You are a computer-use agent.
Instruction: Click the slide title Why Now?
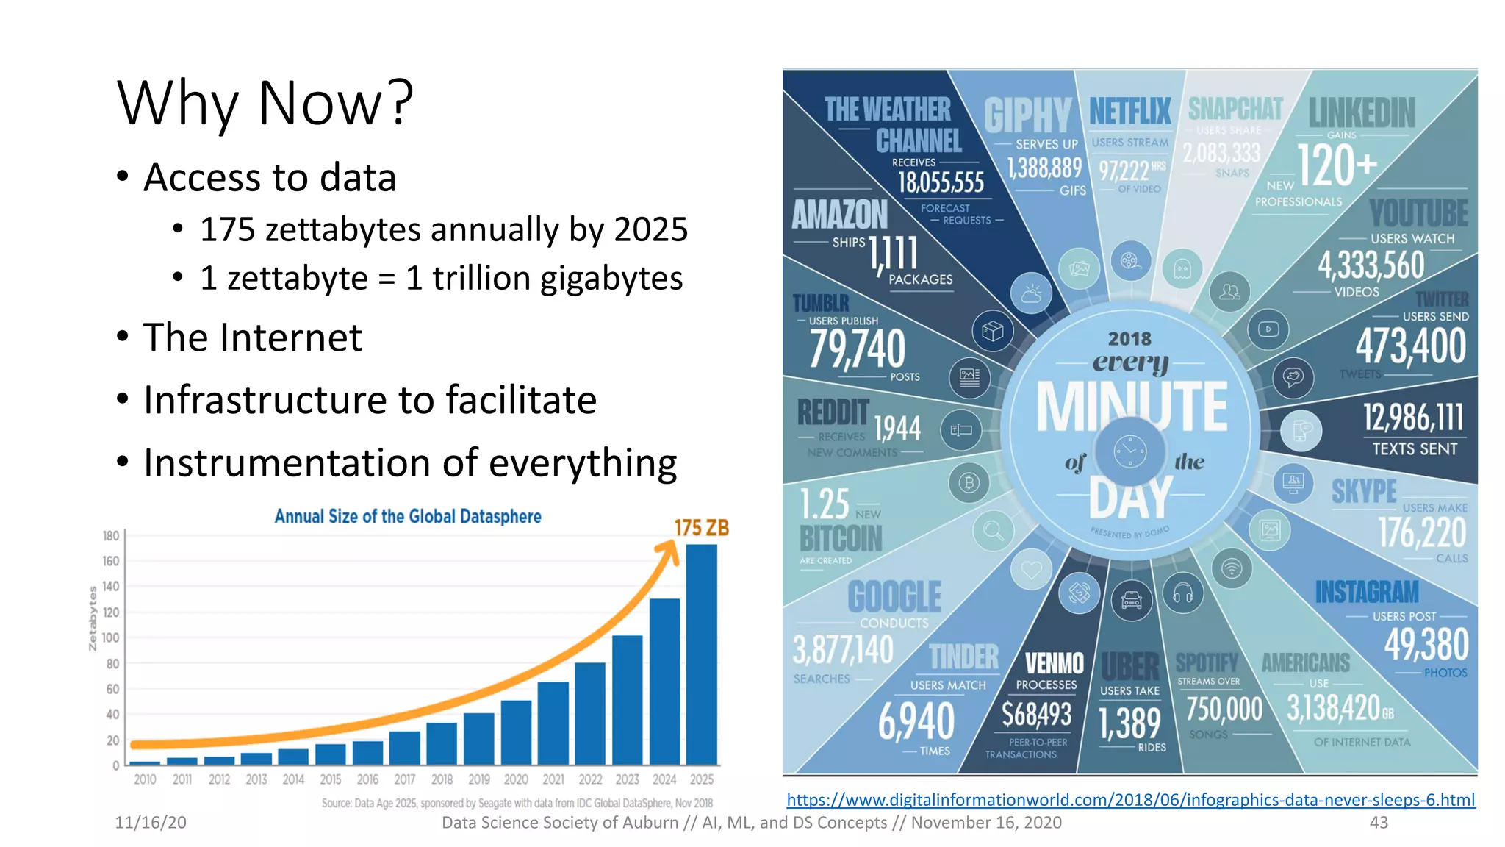(x=265, y=104)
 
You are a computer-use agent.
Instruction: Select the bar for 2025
(x=701, y=654)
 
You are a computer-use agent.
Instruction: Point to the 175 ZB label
(x=701, y=528)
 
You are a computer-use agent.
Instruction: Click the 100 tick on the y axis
(x=110, y=637)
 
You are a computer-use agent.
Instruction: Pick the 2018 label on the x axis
(x=442, y=779)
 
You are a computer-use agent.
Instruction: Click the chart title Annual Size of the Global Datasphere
(x=408, y=517)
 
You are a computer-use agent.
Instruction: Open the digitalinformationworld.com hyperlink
(x=1130, y=800)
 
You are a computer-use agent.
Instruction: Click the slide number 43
(x=1379, y=823)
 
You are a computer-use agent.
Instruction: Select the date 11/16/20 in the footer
(x=151, y=823)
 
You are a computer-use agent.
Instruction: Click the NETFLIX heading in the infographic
(x=1130, y=112)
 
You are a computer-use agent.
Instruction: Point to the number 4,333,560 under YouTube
(x=1371, y=265)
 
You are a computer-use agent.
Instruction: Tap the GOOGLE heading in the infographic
(x=894, y=596)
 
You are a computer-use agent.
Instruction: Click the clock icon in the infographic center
(x=1129, y=451)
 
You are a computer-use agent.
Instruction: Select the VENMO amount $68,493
(x=1037, y=714)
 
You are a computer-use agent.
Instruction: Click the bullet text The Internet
(x=252, y=337)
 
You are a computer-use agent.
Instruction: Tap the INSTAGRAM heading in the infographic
(x=1367, y=592)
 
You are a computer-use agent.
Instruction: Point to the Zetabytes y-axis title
(x=93, y=618)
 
